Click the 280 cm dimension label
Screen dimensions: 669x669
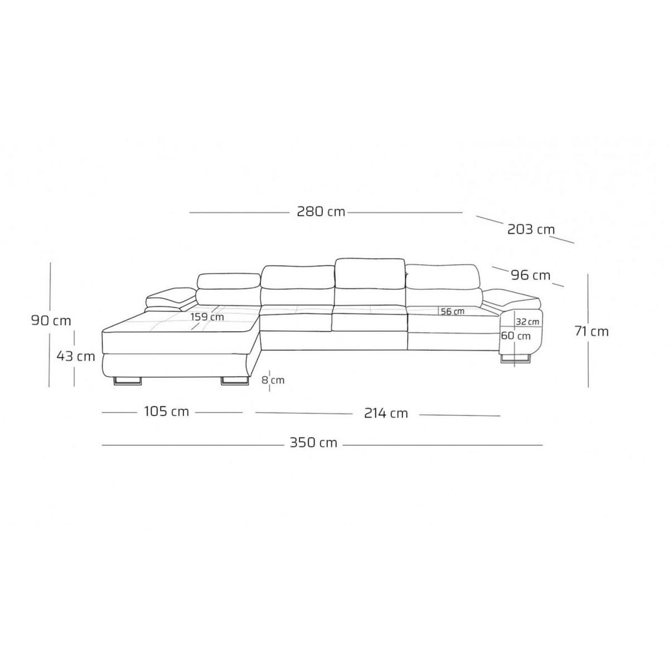click(321, 211)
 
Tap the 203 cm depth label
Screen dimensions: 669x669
click(531, 230)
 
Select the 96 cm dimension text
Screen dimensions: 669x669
click(531, 275)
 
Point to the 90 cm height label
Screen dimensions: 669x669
click(51, 320)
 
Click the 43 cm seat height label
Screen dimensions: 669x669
click(76, 356)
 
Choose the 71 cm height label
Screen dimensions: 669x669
click(592, 332)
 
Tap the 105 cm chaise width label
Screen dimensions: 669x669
click(166, 412)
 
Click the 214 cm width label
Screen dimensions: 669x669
click(386, 413)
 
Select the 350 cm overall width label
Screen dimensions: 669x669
click(313, 443)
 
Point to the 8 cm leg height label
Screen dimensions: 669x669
click(273, 380)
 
